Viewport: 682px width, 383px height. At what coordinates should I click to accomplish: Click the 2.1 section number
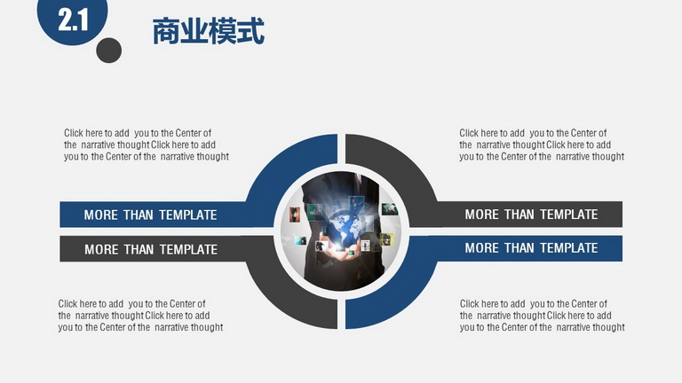(x=73, y=20)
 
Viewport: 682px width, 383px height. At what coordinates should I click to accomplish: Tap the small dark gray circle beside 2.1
(x=108, y=51)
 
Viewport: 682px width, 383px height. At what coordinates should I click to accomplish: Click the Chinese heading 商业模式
(x=209, y=31)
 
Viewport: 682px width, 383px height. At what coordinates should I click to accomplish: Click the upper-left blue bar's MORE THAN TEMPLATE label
(x=150, y=215)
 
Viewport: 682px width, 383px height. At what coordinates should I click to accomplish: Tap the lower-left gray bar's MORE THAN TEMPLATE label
(x=151, y=249)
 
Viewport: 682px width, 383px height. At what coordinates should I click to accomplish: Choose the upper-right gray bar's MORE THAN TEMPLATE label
(x=531, y=214)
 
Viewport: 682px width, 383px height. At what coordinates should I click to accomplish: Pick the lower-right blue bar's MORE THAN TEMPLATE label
(x=531, y=248)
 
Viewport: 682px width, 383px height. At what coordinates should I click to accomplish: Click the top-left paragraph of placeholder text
(x=147, y=145)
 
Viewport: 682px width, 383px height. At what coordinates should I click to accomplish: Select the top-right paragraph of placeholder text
(x=542, y=145)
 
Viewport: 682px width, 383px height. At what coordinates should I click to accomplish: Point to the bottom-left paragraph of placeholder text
(x=140, y=316)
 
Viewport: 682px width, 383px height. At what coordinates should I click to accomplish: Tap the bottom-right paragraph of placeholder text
(x=542, y=316)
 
